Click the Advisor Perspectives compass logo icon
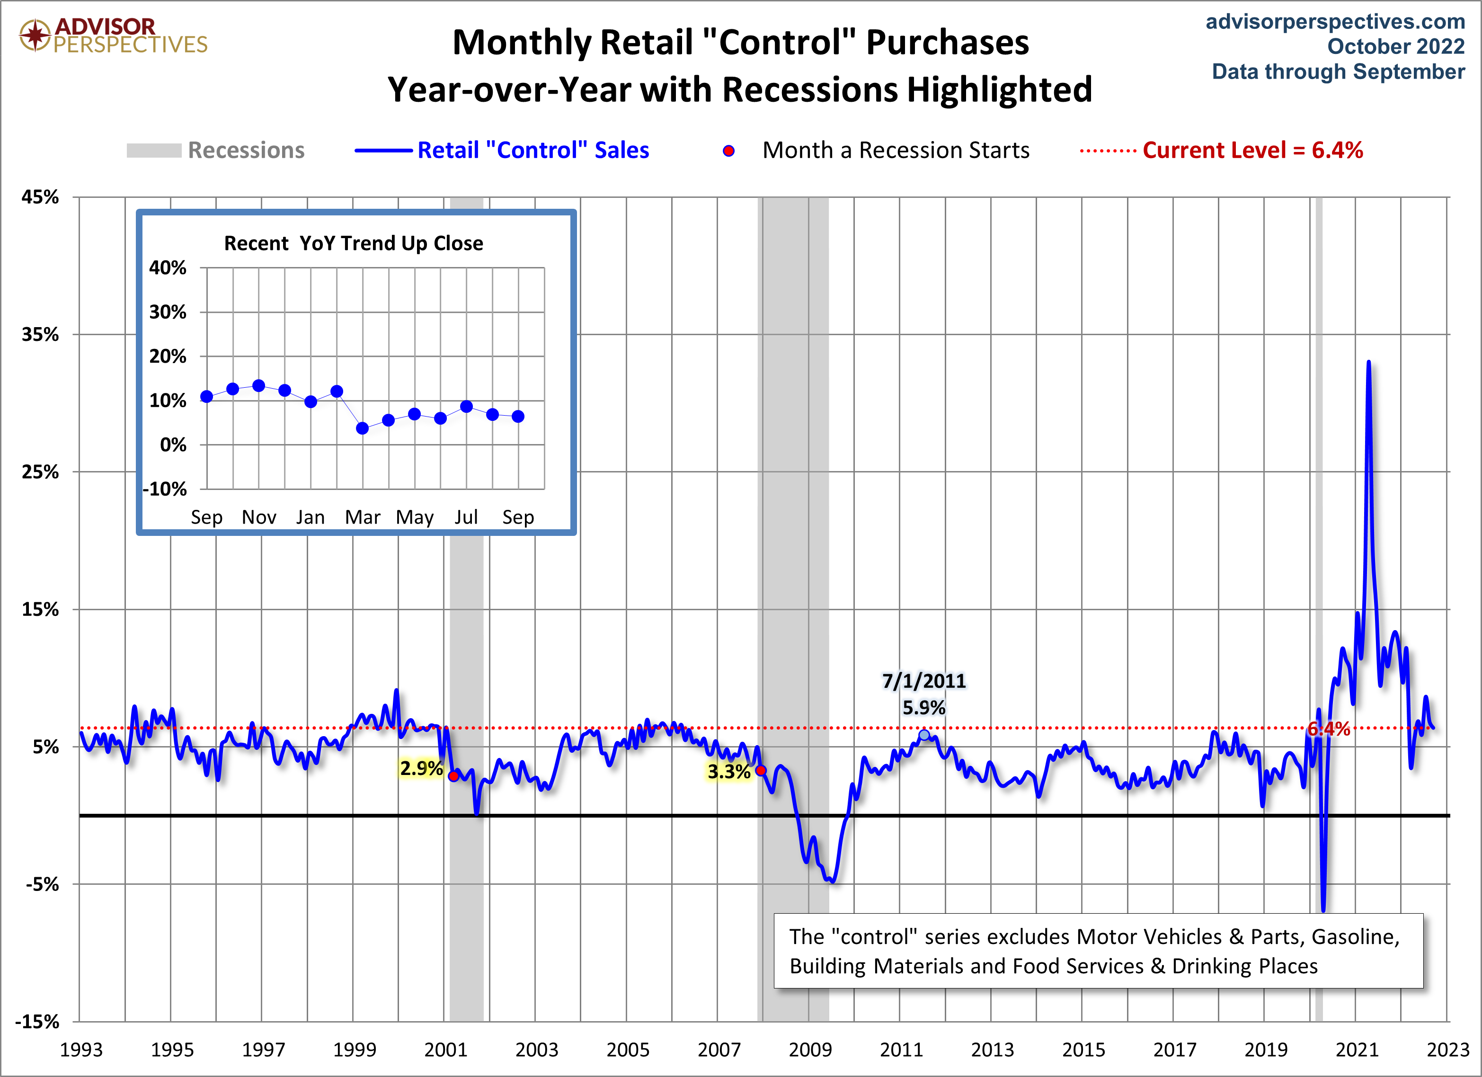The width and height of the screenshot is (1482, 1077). [x=35, y=36]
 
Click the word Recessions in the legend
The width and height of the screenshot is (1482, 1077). [x=246, y=151]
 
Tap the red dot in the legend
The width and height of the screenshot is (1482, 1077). [x=728, y=151]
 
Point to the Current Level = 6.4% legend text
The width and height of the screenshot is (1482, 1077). [x=1252, y=151]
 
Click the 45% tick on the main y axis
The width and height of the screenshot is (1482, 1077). [x=41, y=197]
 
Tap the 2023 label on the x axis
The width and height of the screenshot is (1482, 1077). [x=1447, y=1050]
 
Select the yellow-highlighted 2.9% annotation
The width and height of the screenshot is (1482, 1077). [x=421, y=768]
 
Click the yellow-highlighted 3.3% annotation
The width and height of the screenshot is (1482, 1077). [x=728, y=772]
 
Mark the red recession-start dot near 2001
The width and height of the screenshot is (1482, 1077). [x=453, y=776]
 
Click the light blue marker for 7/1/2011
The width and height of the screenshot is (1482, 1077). [x=924, y=735]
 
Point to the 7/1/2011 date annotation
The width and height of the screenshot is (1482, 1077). [x=923, y=681]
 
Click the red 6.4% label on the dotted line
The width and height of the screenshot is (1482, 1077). [x=1329, y=729]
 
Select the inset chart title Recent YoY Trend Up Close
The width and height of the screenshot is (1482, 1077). [x=354, y=243]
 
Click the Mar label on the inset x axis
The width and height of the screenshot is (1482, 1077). [x=362, y=517]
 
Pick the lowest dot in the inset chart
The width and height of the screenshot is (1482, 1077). [x=363, y=429]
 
